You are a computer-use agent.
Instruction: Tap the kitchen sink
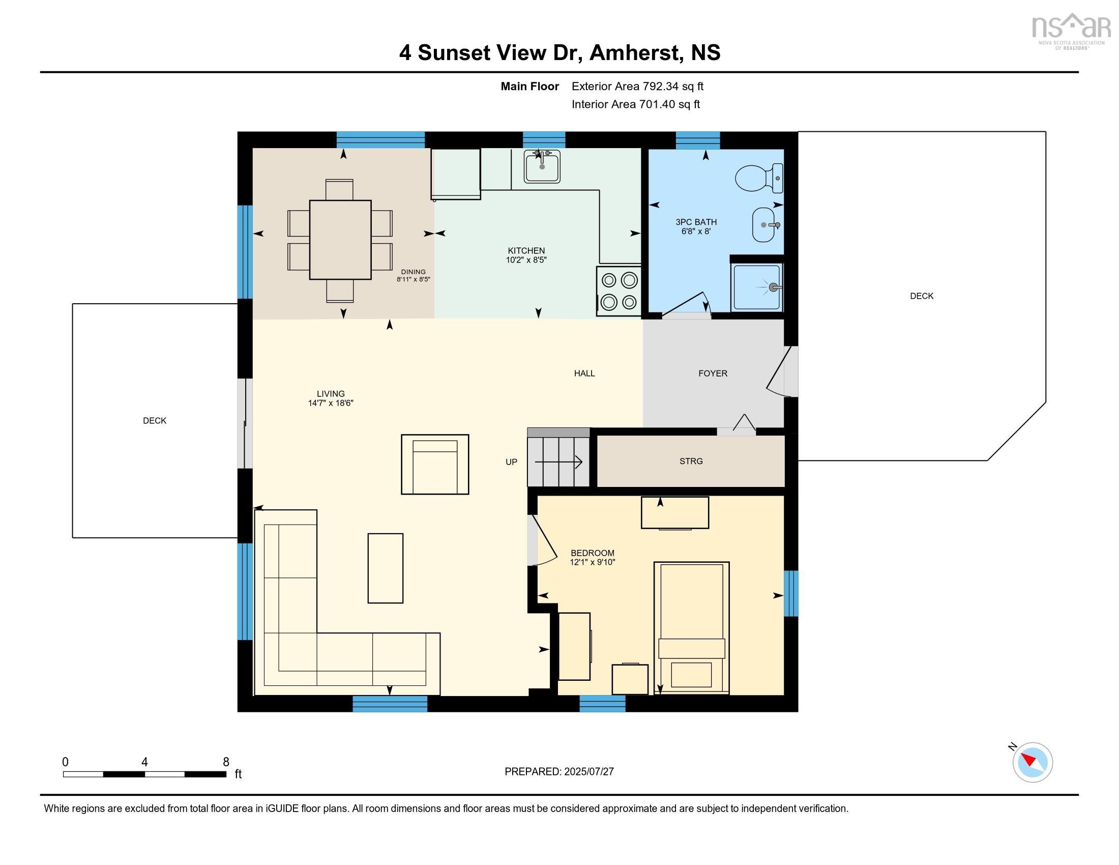(x=542, y=166)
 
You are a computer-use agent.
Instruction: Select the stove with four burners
(x=619, y=291)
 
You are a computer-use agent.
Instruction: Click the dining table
(x=340, y=240)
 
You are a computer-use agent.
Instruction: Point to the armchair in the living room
(x=435, y=464)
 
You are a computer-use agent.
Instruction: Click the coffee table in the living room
(x=386, y=568)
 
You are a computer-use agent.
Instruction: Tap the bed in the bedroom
(x=691, y=628)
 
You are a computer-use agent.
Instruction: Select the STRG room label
(x=691, y=461)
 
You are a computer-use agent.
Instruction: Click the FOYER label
(x=713, y=373)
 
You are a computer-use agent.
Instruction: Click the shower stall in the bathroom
(x=757, y=287)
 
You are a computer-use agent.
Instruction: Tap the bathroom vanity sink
(x=767, y=224)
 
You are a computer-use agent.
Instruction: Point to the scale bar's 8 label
(x=226, y=762)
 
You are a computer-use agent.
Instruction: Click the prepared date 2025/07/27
(x=588, y=772)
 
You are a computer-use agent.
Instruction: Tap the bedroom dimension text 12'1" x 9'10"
(x=592, y=562)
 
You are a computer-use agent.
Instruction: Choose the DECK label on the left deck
(x=155, y=421)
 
